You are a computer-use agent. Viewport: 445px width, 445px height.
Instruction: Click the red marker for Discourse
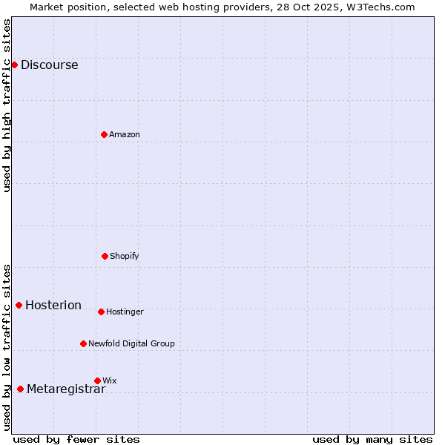pos(14,65)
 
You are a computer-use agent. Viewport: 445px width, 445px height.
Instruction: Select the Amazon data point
pos(104,134)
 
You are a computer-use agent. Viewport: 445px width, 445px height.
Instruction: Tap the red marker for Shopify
pos(105,256)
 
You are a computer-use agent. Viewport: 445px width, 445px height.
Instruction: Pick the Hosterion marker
pos(19,305)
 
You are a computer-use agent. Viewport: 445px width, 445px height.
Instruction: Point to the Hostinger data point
pos(101,311)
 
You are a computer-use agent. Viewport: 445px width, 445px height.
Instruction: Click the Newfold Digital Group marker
pos(83,343)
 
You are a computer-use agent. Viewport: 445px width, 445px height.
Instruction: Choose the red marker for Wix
pos(97,380)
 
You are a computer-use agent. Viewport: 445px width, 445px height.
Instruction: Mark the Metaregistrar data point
pos(20,389)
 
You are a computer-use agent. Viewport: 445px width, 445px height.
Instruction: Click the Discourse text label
pos(49,65)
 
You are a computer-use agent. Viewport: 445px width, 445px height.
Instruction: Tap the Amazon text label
pos(124,134)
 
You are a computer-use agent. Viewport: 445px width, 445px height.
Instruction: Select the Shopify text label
pos(124,256)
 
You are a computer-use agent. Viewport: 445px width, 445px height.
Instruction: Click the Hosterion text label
pos(53,306)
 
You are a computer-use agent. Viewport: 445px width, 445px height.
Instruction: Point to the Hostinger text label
pos(125,311)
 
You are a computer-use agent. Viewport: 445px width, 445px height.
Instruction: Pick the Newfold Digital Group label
pos(131,343)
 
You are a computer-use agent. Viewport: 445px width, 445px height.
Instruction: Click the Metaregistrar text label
pos(66,390)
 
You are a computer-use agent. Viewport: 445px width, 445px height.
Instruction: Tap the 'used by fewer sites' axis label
pos(76,439)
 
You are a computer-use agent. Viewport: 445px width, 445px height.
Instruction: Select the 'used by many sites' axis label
pos(372,439)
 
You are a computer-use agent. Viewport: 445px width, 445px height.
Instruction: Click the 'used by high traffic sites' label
pos(7,105)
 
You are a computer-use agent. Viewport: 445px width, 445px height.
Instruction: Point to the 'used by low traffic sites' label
pos(7,347)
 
